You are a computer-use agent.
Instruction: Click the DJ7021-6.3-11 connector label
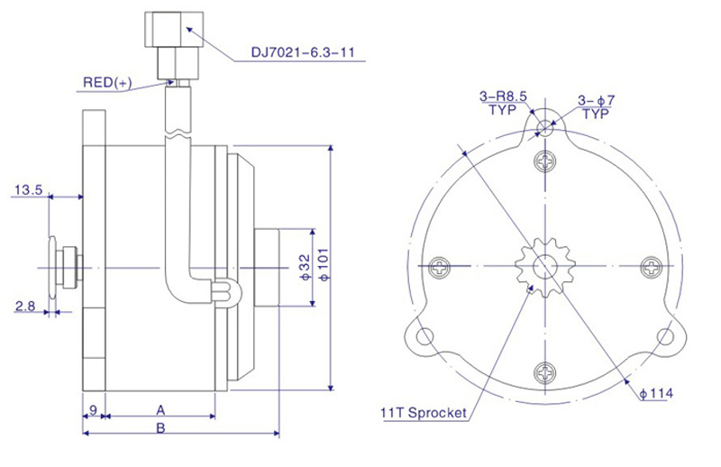pos(303,52)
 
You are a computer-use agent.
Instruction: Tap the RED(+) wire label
pos(107,82)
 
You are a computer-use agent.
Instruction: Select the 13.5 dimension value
pos(29,189)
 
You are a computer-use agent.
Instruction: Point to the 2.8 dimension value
pos(25,306)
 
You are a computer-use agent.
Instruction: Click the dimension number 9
pos(93,409)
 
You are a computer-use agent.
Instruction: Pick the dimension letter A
pos(160,410)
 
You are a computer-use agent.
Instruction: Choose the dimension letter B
pos(160,428)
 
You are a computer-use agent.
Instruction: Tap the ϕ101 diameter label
pos(324,264)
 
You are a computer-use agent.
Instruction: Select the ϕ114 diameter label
pos(656,393)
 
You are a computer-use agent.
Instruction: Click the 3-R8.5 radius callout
pos(503,96)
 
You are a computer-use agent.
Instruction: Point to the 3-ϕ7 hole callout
pos(596,100)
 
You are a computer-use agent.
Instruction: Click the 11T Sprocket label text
pos(424,413)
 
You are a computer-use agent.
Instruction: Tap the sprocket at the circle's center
pos(545,267)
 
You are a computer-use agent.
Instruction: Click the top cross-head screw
pos(545,161)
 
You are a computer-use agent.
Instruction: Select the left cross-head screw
pos(440,267)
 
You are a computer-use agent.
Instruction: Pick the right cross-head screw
pos(652,266)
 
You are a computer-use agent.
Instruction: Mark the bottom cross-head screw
pos(545,372)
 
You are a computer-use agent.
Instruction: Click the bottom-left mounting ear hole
pos(424,336)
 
